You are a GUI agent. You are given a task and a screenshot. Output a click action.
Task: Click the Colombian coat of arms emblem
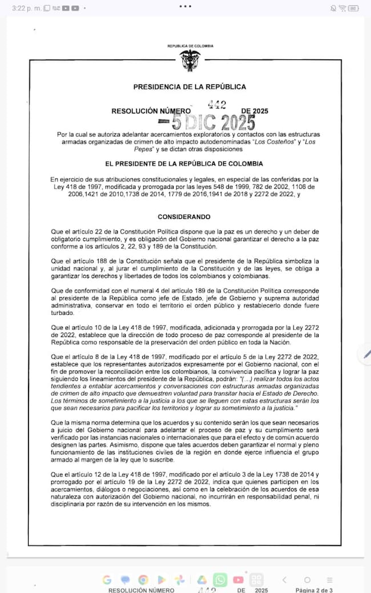[x=190, y=60]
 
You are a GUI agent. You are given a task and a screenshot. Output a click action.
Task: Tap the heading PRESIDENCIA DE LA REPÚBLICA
[x=189, y=87]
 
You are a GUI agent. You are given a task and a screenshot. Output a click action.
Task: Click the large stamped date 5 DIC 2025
[x=206, y=122]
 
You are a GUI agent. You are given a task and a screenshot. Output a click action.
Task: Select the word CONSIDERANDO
[x=184, y=217]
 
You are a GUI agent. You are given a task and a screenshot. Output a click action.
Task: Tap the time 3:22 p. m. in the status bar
[x=23, y=8]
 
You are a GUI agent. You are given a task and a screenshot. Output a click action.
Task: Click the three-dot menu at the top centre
[x=185, y=6]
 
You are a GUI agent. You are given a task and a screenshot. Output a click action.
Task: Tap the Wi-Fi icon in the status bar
[x=343, y=8]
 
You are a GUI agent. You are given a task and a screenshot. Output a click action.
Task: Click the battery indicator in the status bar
[x=353, y=8]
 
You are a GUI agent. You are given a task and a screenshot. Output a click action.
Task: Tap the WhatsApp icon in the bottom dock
[x=220, y=579]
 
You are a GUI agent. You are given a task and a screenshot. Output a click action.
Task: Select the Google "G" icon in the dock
[x=107, y=580]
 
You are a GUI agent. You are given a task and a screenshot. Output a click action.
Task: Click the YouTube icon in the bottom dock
[x=238, y=580]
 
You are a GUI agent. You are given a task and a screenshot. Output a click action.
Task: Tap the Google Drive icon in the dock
[x=201, y=580]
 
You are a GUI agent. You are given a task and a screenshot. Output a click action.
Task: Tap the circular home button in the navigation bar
[x=307, y=580]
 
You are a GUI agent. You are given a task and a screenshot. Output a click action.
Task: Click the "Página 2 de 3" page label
[x=313, y=590]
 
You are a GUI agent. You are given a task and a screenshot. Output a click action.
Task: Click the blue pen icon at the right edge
[x=366, y=354]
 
